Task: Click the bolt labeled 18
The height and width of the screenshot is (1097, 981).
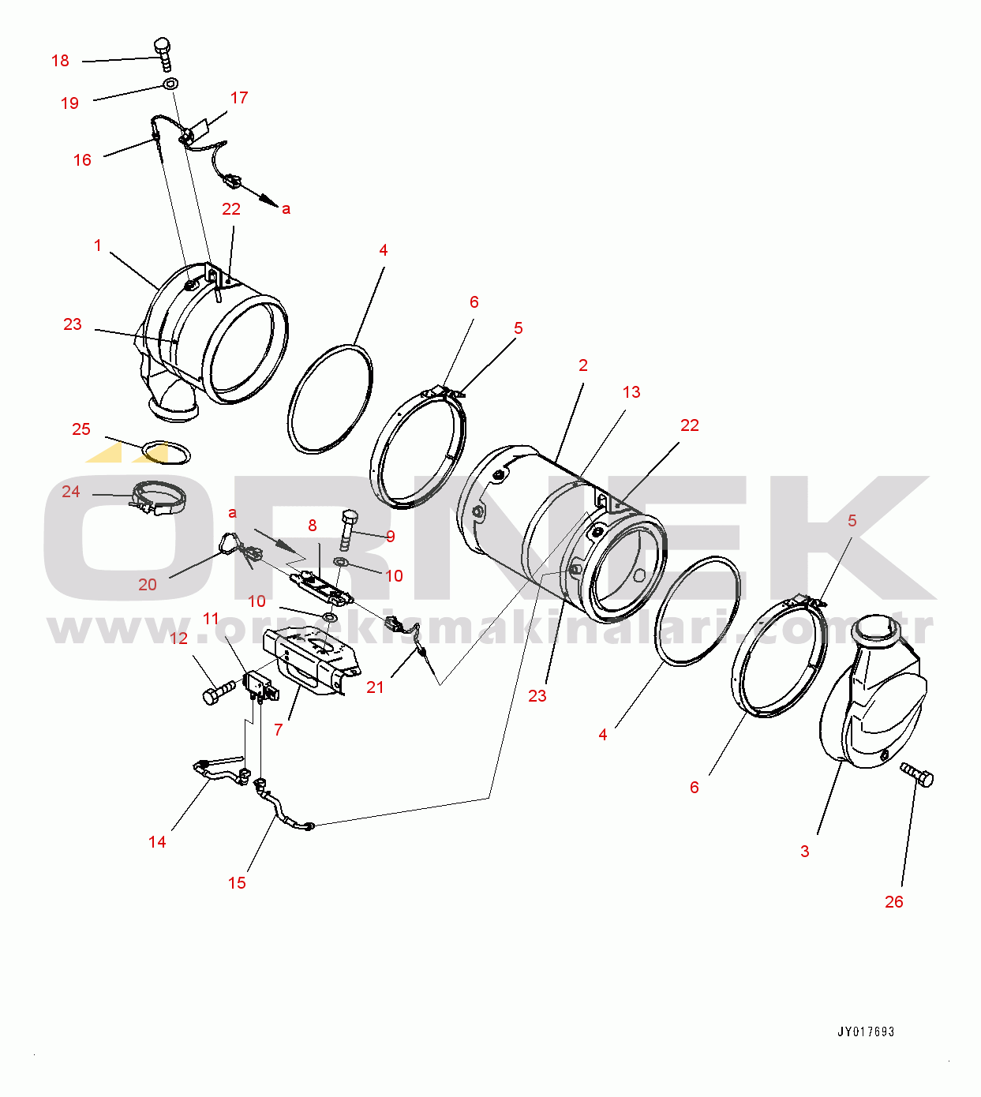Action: [163, 54]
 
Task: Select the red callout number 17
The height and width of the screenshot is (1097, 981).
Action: [239, 97]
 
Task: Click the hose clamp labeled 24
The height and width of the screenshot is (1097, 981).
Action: [158, 497]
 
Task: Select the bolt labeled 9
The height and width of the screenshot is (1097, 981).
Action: [347, 529]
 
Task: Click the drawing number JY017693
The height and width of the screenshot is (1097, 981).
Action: [867, 1031]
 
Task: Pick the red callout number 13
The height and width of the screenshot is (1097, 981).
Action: [631, 391]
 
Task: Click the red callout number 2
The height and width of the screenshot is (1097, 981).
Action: [582, 365]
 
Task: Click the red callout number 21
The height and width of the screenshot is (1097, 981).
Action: [375, 687]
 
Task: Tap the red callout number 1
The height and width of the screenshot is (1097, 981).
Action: [97, 245]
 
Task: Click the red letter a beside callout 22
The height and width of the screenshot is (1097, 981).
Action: [286, 208]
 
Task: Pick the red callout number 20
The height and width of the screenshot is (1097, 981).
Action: [148, 584]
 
